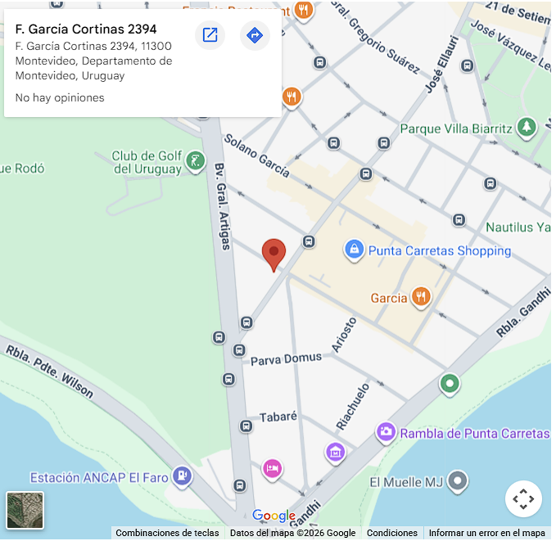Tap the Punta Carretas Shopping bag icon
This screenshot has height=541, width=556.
354,250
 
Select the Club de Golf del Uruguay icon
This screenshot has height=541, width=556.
195,161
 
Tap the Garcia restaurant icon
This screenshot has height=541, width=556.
422,297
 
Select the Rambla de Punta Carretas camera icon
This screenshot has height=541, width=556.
386,432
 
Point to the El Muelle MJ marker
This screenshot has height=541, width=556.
459,481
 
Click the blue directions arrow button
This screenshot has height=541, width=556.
255,35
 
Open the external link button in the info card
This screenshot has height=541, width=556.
210,35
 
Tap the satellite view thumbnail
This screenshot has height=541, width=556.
25,510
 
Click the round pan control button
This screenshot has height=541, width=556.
523,498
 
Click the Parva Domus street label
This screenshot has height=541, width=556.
286,358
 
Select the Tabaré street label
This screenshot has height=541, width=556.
278,417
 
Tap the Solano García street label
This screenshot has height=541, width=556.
256,156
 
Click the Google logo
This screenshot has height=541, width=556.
273,516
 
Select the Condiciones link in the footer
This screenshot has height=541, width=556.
391,533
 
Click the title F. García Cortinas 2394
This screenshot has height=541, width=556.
86,29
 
